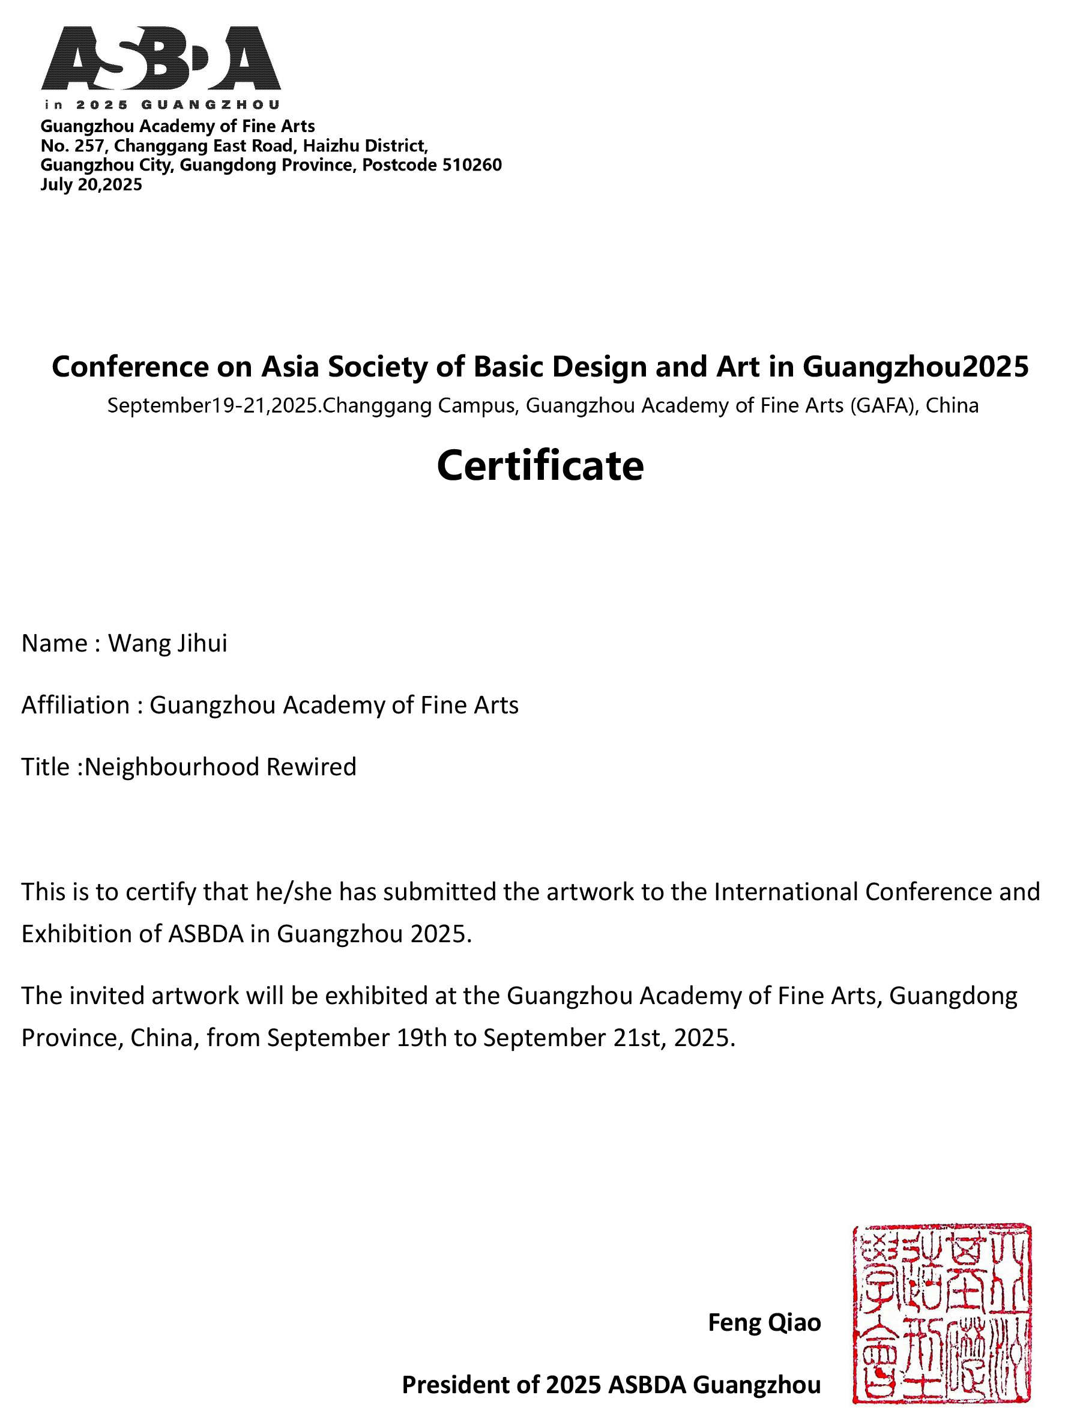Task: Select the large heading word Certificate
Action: coord(540,465)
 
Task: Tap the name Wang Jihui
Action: coord(167,643)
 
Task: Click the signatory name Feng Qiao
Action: coord(764,1322)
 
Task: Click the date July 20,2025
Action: coord(91,184)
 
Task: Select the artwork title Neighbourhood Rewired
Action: coord(220,766)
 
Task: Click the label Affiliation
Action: coord(76,705)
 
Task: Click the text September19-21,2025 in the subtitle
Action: coord(213,405)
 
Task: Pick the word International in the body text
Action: coord(786,892)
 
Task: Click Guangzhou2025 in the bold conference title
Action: coord(916,367)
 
